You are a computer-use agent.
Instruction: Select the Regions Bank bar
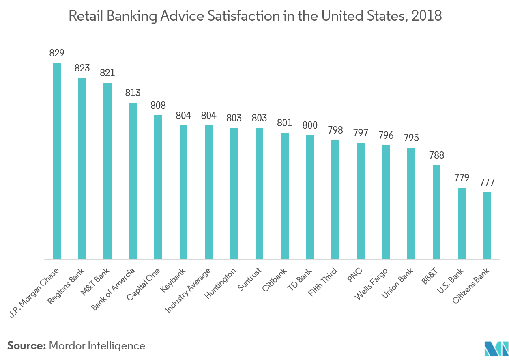82,168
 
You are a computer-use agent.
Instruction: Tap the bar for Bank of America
133,181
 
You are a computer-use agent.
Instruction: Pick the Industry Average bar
209,192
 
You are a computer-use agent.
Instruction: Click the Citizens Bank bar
487,226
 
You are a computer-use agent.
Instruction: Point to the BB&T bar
436,212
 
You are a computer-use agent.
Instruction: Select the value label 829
57,53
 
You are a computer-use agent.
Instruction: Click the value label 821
107,73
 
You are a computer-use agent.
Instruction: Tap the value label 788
436,155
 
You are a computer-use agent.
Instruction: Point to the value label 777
487,183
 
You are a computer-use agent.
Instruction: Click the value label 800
310,125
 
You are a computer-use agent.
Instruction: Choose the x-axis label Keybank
174,280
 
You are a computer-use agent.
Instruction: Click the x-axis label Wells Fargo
372,283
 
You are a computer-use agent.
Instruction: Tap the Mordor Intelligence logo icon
496,348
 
